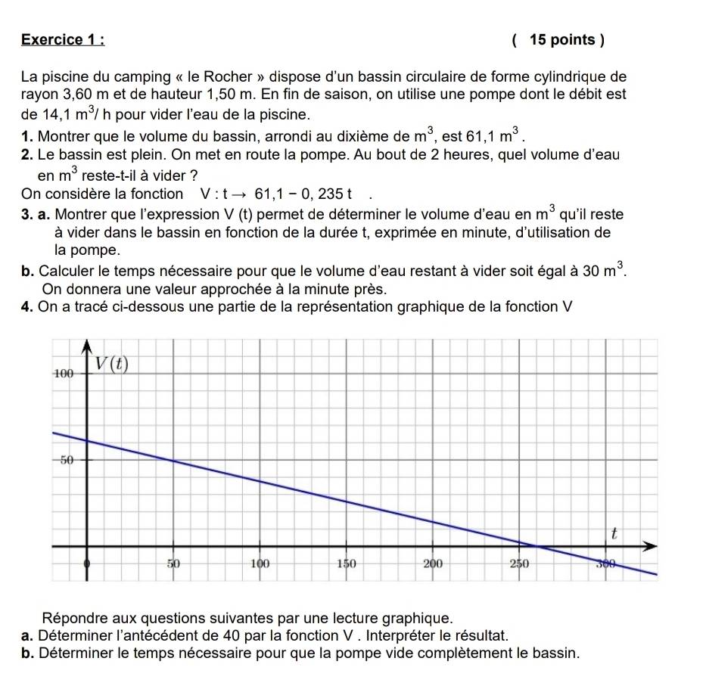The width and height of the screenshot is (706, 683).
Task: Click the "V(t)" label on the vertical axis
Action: pos(111,364)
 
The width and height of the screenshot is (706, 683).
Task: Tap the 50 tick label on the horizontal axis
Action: pos(175,563)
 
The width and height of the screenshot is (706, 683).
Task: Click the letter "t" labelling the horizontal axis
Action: pos(614,533)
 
